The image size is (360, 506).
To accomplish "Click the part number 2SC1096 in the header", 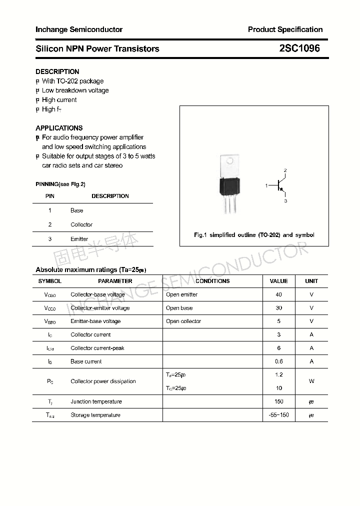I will click(299, 48).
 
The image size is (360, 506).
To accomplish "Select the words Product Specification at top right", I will click(285, 29).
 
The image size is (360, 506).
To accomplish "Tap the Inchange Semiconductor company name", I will click(79, 29).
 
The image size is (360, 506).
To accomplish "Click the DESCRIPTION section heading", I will click(57, 71).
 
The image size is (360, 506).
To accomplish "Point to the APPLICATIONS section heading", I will click(59, 128).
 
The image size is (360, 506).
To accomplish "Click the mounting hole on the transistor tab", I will click(230, 161).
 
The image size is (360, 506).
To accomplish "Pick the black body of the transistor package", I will click(229, 185).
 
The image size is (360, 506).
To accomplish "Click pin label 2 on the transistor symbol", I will click(285, 170).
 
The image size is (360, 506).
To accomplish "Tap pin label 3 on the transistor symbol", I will click(285, 201).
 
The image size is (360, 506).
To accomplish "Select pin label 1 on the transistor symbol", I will click(266, 185).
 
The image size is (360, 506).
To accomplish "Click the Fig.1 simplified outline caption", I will click(254, 235).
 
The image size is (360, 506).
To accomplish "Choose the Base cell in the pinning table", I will click(77, 210).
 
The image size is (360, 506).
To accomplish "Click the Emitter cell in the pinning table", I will click(79, 239).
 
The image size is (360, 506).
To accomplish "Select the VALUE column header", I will click(278, 281).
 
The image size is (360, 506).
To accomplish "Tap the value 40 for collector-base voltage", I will click(278, 294).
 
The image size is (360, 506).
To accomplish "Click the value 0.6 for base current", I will click(278, 361).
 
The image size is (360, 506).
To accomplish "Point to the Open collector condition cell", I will click(183, 321).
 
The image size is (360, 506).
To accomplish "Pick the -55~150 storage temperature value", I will click(278, 415).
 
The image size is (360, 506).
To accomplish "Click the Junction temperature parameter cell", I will click(96, 401).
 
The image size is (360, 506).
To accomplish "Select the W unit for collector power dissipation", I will click(311, 381).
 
